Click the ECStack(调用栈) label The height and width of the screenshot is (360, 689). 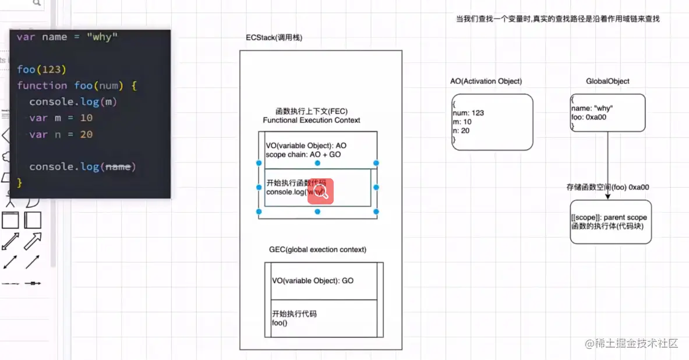point(274,38)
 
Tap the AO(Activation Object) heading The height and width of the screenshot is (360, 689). point(486,81)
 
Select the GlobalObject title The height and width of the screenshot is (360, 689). point(607,81)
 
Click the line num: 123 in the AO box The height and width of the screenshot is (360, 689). point(468,113)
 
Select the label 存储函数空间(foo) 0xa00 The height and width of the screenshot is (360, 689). point(607,188)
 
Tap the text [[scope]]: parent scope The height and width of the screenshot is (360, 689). point(609,217)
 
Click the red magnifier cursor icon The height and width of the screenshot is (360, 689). point(320,191)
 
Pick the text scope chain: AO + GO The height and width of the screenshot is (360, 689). point(302,155)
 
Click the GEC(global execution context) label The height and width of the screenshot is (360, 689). point(317,249)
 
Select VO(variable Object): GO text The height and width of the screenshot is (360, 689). point(313,281)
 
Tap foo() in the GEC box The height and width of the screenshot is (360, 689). point(280,323)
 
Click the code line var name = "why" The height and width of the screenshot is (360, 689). point(67,37)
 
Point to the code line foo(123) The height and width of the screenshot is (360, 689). point(38,69)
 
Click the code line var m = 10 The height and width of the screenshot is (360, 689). point(61,118)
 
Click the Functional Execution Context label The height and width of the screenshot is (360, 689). point(312,120)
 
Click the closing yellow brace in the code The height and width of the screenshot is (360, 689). point(20,183)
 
